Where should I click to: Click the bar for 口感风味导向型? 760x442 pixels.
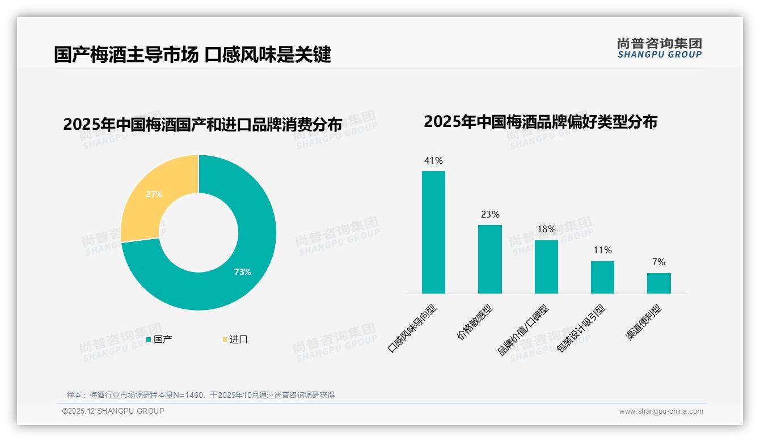tap(433, 232)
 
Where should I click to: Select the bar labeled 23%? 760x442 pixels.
tap(489, 259)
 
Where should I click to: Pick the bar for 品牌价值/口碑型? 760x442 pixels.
tap(546, 267)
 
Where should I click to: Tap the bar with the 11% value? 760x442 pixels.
tap(602, 277)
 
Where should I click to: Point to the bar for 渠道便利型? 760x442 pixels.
tap(658, 283)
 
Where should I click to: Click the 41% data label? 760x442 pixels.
tap(433, 161)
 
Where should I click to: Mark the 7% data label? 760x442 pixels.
tap(658, 262)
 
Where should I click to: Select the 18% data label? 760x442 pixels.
tap(546, 229)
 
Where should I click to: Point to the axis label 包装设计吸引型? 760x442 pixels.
tap(581, 329)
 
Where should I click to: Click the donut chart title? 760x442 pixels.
tap(202, 125)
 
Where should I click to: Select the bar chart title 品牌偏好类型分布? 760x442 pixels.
tap(540, 122)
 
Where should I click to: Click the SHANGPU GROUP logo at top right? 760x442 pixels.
tap(659, 48)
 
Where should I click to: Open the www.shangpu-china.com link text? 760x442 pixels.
tap(661, 411)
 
